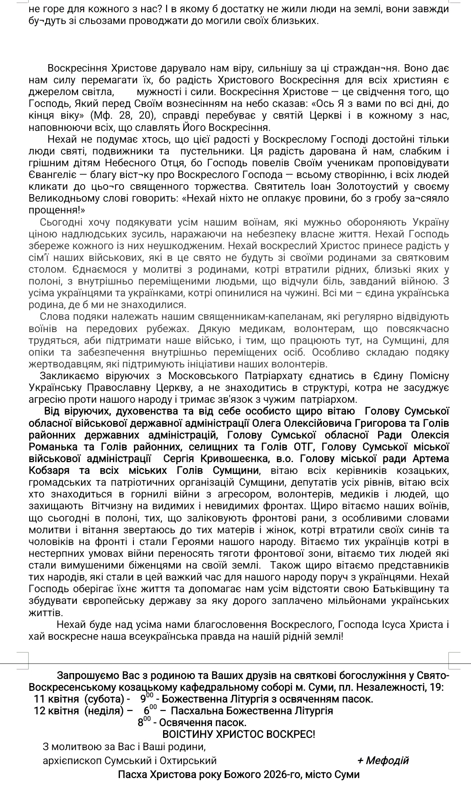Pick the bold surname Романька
(55, 447)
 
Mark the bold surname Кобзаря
(51, 470)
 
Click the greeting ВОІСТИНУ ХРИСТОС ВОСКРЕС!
(239, 734)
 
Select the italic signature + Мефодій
(382, 761)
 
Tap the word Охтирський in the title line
(191, 761)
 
